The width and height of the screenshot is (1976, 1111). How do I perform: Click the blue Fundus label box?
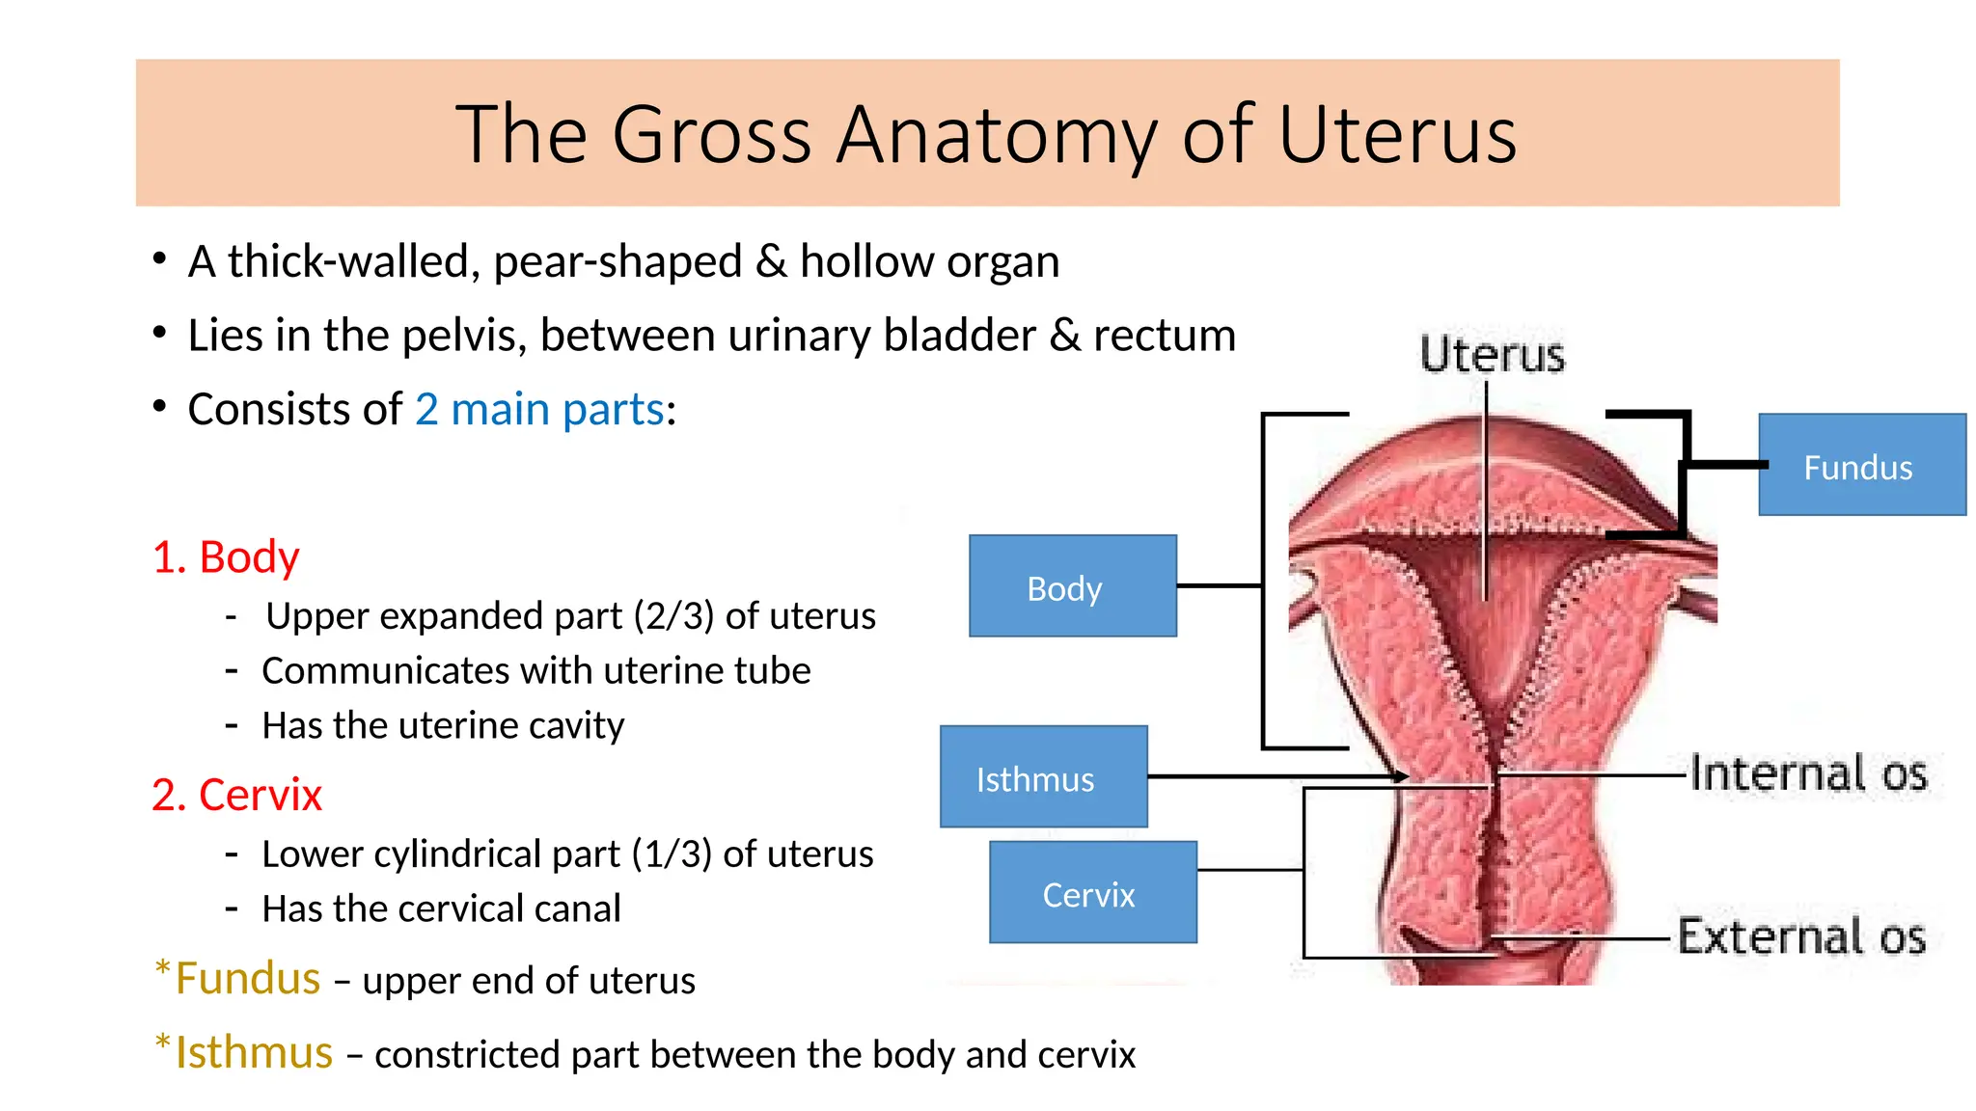point(1861,465)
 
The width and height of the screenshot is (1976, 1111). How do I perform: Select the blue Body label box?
point(1072,586)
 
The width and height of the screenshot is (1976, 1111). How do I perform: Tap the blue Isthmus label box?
point(1043,776)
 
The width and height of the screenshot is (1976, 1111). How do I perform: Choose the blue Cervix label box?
point(1092,892)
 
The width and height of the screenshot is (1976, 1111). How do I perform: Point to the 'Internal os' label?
point(1807,773)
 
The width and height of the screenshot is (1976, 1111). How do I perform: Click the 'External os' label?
point(1800,935)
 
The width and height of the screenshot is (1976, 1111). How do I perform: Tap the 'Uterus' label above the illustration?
point(1492,355)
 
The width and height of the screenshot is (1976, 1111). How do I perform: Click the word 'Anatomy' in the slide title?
point(997,135)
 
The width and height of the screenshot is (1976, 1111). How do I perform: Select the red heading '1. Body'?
point(226,557)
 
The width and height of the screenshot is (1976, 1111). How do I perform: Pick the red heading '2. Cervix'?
point(236,796)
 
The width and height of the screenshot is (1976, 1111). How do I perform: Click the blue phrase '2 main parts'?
point(539,409)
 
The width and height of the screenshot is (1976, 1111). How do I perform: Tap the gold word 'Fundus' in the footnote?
point(248,979)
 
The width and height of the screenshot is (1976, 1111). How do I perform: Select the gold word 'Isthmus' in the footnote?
point(254,1052)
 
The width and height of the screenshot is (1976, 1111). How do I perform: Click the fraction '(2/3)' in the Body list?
point(673,616)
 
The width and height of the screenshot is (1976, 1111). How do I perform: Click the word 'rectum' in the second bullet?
point(1164,336)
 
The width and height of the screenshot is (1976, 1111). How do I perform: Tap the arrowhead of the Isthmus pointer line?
point(1402,776)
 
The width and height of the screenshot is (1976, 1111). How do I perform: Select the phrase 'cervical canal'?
point(510,908)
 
